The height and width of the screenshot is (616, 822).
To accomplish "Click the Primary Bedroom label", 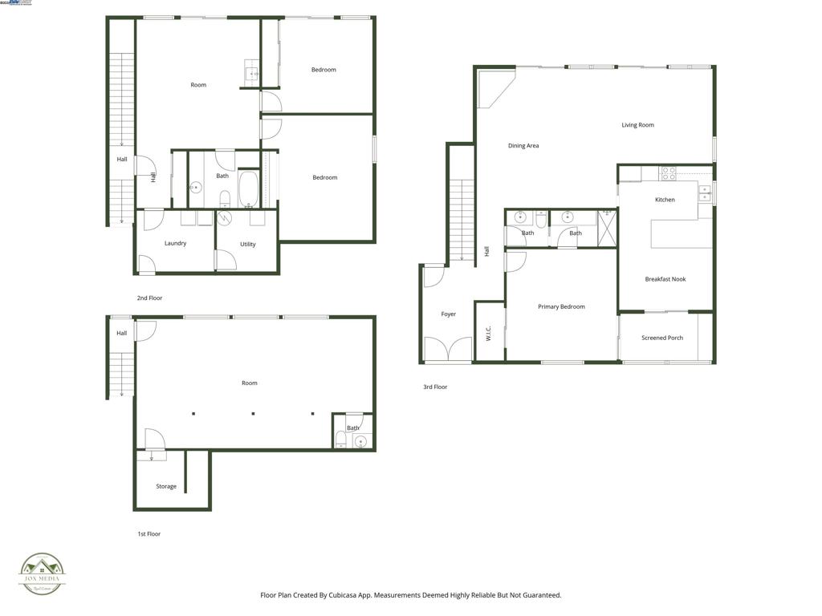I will tap(561, 306).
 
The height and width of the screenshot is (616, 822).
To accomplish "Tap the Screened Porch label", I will tap(662, 338).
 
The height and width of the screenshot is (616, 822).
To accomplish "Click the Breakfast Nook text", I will tap(665, 279).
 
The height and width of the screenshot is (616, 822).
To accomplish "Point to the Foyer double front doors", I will tap(448, 350).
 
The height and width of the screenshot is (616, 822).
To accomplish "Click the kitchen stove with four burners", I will tap(668, 173).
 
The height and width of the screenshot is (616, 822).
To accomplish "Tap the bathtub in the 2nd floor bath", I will tap(248, 189).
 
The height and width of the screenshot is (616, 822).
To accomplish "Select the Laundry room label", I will tap(175, 243).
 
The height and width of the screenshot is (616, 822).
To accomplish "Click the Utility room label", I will tap(248, 244).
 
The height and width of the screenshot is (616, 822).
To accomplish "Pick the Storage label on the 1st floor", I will tap(166, 486).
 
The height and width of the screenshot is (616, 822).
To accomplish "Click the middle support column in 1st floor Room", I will tap(254, 414).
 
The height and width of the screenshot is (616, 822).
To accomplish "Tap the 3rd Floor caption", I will tap(435, 387).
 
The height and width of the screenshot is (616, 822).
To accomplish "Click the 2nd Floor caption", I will tap(149, 298).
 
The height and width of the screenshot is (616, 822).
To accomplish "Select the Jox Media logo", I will tap(43, 574).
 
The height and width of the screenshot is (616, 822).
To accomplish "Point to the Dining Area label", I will tap(523, 146).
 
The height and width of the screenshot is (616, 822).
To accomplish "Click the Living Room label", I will tap(637, 125).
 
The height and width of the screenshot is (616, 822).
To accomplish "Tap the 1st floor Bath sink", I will tap(360, 440).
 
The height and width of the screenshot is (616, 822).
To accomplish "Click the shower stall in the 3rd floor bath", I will tap(607, 228).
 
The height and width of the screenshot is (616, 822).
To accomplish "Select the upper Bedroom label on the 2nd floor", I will tap(324, 70).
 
